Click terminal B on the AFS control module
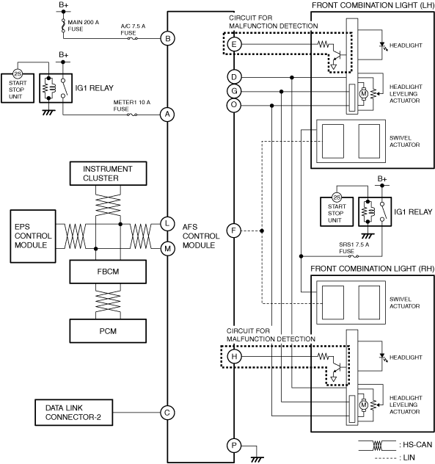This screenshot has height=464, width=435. [168, 38]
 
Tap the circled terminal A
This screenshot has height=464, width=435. [167, 115]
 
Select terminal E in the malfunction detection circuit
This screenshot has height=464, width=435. [234, 44]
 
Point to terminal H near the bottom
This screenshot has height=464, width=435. [234, 356]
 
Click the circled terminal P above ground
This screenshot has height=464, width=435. [234, 446]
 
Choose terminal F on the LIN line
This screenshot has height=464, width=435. [233, 231]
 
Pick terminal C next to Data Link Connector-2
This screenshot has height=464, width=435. [167, 413]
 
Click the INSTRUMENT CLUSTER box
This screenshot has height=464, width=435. [108, 173]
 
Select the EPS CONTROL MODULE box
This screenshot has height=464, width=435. [33, 236]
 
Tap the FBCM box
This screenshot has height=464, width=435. [108, 272]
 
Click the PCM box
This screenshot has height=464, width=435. [108, 331]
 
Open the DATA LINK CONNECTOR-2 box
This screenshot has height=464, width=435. [73, 413]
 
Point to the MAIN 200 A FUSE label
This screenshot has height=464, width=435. [83, 26]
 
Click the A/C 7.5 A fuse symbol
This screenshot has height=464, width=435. [132, 38]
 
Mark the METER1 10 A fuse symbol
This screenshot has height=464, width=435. [132, 115]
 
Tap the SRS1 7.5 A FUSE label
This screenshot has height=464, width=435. [354, 248]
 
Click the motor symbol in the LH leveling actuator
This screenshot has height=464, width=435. [363, 94]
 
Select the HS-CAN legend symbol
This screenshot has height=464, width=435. [377, 446]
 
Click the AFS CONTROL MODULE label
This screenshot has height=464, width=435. [201, 236]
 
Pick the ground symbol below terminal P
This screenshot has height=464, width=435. [257, 459]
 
